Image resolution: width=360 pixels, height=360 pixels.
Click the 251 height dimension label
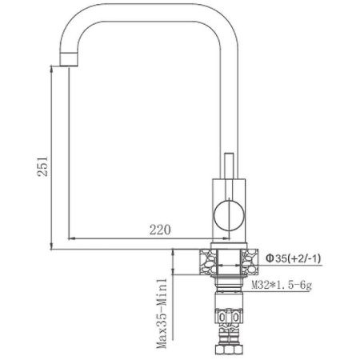click(46, 166)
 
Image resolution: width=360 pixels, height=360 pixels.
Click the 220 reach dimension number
click(161, 230)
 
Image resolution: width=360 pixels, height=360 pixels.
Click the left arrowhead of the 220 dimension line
click(72, 239)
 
